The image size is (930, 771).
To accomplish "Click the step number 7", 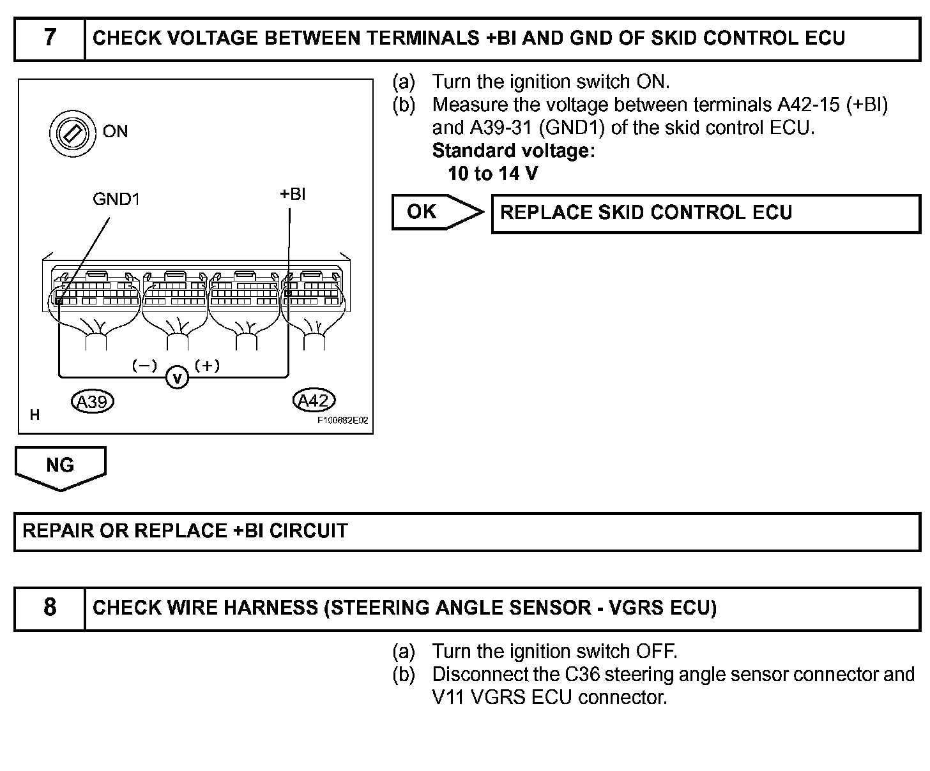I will pos(50,38).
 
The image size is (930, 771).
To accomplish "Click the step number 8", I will pos(50,607).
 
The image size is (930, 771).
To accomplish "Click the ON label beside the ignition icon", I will pos(115,131).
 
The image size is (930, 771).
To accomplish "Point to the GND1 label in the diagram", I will pos(116,199).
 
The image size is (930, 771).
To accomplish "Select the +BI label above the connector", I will pos(292,194).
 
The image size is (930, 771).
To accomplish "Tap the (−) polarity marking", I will pos(144,366).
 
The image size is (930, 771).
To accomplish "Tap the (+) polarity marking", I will pos(207,366).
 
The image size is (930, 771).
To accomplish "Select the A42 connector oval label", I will pos(313,400).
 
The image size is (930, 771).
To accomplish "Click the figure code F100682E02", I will pos(343,421).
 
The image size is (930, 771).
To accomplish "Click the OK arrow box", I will pos(434,212).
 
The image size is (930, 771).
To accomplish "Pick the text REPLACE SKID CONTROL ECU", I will pos(646,213).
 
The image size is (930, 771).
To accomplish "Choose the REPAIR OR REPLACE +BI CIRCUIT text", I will pos(185,531).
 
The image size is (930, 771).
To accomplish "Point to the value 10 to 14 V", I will pos(492,174).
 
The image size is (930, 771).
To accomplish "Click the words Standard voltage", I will pos(513,151).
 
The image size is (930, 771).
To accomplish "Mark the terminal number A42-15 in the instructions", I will pos(808,105).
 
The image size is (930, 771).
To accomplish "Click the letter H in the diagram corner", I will pos(34,415).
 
